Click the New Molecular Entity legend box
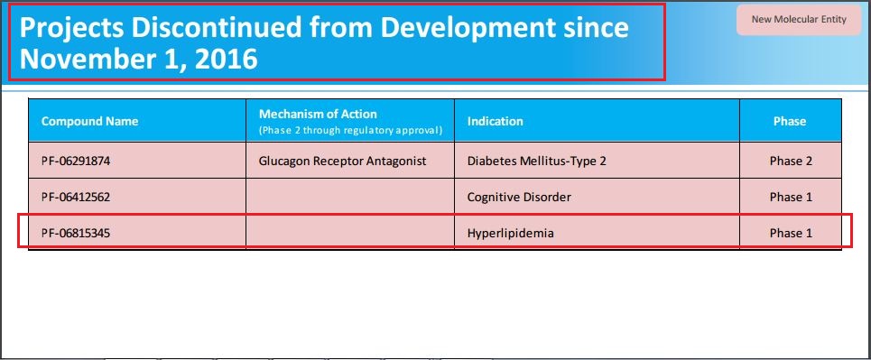[799, 20]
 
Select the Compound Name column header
[90, 121]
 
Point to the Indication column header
[495, 121]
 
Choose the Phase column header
[790, 121]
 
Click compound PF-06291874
[76, 162]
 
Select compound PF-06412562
[76, 198]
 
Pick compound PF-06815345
[76, 234]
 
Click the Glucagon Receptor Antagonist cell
[343, 162]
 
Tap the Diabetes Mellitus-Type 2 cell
[537, 162]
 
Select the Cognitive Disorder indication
[519, 198]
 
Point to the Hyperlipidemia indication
[511, 234]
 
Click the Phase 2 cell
[791, 162]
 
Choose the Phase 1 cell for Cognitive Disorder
[791, 198]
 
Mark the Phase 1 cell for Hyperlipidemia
[791, 234]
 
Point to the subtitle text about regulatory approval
[350, 131]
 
